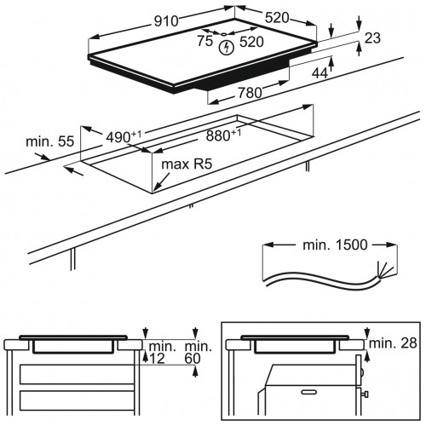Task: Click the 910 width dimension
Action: pos(166,21)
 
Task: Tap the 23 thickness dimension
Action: pos(372,38)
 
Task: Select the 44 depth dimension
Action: pos(319,73)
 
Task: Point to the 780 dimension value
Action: pos(250,93)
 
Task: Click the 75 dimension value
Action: pos(205,41)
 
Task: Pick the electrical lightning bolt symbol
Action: pos(227,48)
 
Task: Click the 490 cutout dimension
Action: pos(124,137)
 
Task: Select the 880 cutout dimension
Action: pos(223,135)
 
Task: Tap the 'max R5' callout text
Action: pos(187,164)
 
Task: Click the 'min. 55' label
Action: pos(50,141)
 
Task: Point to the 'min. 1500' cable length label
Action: pos(335,245)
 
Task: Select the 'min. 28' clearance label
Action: pos(393,343)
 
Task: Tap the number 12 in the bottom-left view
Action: pos(157,359)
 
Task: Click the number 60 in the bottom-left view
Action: pos(193,359)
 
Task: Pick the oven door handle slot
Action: pos(309,392)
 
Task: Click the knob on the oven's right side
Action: pos(366,394)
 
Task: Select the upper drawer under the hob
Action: pos(77,375)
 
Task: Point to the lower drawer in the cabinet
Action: pos(77,400)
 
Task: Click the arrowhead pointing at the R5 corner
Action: pos(157,187)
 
